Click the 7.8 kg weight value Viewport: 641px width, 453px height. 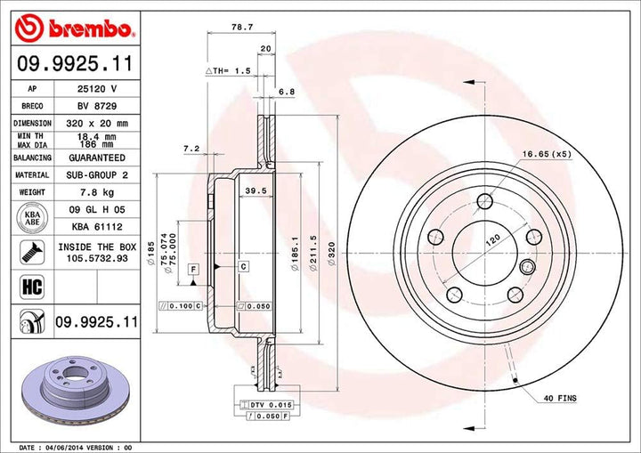pyautogui.click(x=95, y=192)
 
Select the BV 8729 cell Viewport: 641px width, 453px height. pyautogui.click(x=95, y=105)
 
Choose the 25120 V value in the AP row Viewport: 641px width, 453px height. pyautogui.click(x=95, y=89)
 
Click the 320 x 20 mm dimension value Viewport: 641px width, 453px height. pyautogui.click(x=95, y=123)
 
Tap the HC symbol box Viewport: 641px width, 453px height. pyautogui.click(x=27, y=287)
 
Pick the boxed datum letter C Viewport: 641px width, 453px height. pyautogui.click(x=241, y=266)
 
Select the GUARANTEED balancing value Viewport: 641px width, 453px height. pyautogui.click(x=95, y=158)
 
